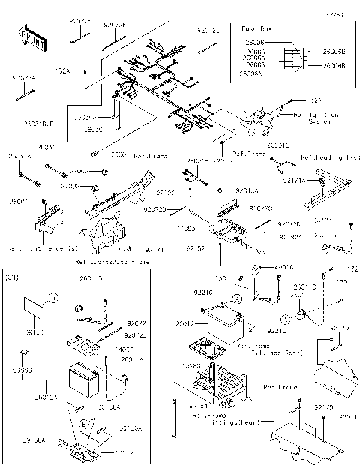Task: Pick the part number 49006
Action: tap(282, 267)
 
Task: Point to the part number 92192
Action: tap(166, 193)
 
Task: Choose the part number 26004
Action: tap(19, 202)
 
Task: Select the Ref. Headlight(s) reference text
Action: tap(328, 159)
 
